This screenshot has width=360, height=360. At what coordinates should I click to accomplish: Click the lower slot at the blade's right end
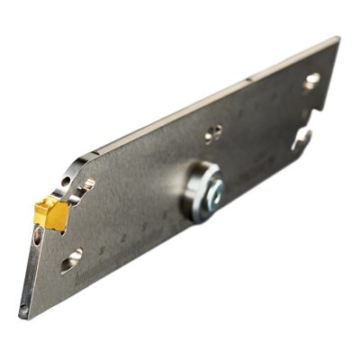pos(302,137)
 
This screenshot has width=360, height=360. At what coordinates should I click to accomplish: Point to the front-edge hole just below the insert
pos(37,237)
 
